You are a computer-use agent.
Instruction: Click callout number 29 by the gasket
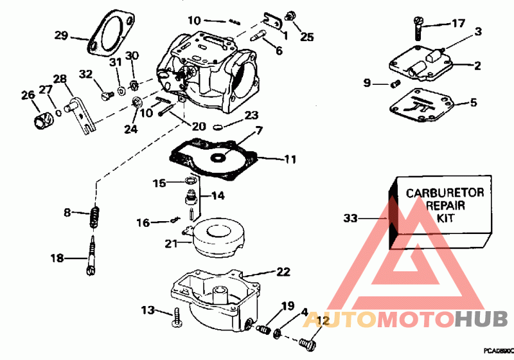(61, 35)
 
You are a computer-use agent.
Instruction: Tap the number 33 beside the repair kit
(350, 219)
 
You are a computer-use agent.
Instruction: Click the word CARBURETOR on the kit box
(445, 192)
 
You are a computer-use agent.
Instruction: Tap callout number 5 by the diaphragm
(474, 102)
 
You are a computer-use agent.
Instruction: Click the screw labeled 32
(105, 95)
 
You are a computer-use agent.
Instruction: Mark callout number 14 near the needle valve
(218, 195)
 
